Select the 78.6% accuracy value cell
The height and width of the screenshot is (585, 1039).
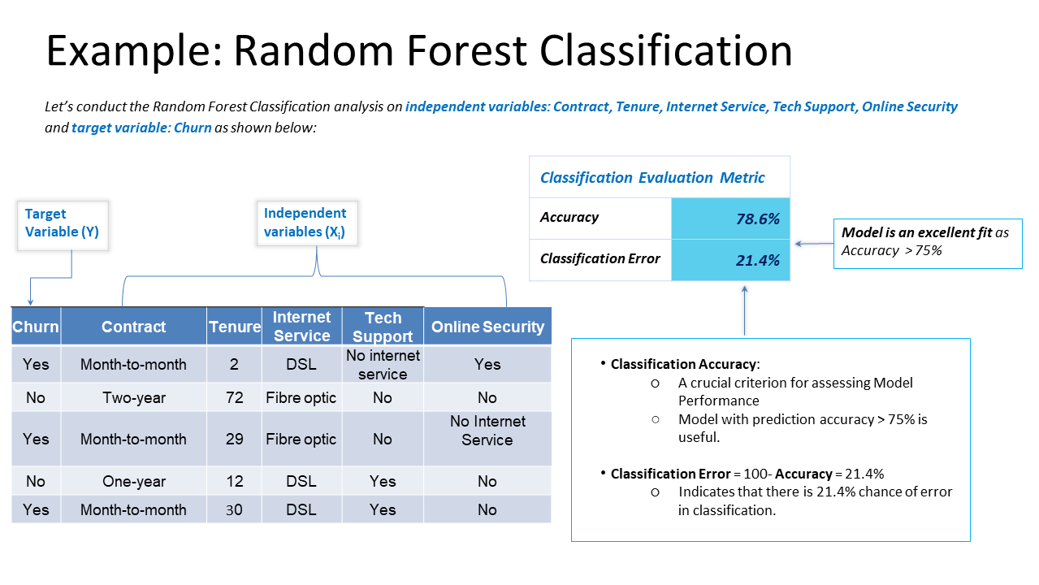click(730, 219)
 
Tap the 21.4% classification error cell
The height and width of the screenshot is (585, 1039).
click(730, 260)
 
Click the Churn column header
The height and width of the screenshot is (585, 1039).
click(36, 327)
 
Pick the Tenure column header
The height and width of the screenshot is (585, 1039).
click(234, 327)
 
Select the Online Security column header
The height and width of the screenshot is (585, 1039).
click(487, 327)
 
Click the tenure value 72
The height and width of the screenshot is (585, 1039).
click(234, 397)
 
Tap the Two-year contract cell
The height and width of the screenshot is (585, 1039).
click(134, 397)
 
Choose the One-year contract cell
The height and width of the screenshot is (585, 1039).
click(134, 481)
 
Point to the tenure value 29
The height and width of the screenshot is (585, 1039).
click(234, 439)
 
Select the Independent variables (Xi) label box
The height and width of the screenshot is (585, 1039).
click(305, 223)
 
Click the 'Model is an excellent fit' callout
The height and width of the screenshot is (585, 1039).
click(928, 242)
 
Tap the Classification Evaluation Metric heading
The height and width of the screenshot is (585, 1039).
click(652, 177)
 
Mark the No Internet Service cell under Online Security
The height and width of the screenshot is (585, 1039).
click(487, 431)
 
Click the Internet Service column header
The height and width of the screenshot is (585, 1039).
click(301, 327)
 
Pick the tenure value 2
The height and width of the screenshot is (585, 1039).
click(234, 364)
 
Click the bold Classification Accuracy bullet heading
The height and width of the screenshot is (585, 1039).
click(684, 365)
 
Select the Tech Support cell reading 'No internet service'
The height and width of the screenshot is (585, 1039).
click(383, 365)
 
